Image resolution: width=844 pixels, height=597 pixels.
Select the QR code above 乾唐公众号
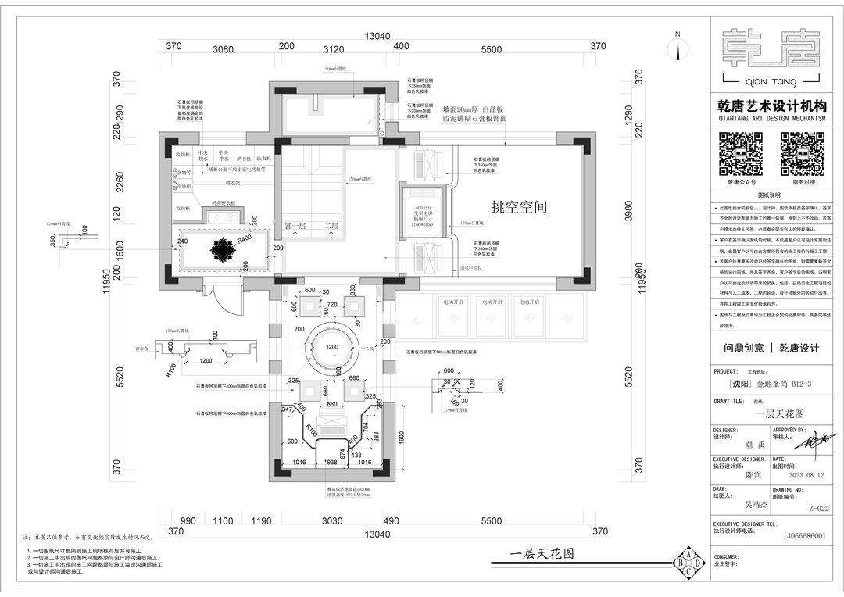(741, 154)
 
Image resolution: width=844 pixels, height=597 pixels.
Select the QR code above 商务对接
(803, 154)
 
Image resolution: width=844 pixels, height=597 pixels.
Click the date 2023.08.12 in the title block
(806, 474)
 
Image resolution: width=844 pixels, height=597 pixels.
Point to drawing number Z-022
(819, 508)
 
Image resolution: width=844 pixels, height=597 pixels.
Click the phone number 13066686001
(804, 536)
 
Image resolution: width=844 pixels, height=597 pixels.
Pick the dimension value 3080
(224, 49)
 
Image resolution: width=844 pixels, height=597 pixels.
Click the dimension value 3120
(334, 49)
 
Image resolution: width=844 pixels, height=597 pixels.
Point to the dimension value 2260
(119, 181)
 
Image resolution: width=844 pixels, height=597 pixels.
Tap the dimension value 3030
(332, 520)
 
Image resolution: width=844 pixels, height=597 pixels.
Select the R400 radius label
(245, 238)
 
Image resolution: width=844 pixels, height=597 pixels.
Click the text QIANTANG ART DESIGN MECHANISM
(771, 119)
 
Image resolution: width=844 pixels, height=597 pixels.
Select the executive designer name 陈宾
(753, 474)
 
